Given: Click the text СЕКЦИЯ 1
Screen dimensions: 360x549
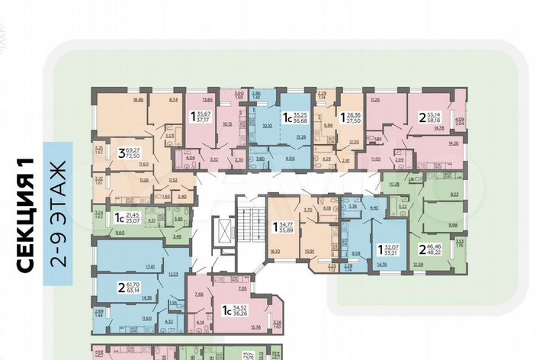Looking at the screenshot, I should [x=28, y=220].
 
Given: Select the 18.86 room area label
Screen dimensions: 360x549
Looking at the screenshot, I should [x=137, y=99].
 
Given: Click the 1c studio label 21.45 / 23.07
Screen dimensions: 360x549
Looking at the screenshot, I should [x=127, y=218].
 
